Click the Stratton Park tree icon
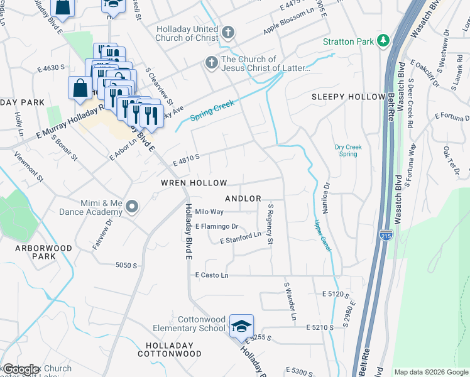click(382, 41)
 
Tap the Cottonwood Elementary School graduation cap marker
click(241, 326)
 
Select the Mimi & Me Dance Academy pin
click(131, 206)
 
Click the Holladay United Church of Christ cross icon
click(228, 32)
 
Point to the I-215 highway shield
click(386, 236)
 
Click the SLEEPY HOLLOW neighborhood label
click(347, 97)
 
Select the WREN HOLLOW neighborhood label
click(194, 183)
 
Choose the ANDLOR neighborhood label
click(243, 199)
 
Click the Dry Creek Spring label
click(349, 150)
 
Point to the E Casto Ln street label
click(212, 275)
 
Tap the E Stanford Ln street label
click(240, 238)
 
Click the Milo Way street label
click(209, 212)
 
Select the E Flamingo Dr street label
click(217, 226)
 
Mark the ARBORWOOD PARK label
click(35, 253)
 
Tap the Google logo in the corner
click(21, 369)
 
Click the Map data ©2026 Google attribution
click(431, 372)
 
